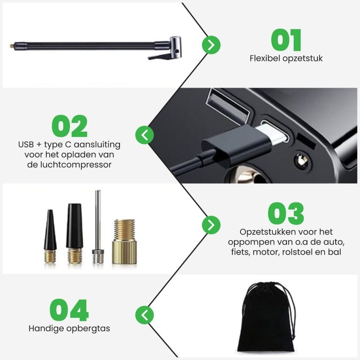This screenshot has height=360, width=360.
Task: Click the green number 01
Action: (x=286, y=40)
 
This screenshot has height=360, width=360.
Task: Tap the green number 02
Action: (x=69, y=126)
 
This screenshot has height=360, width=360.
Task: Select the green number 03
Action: (x=286, y=213)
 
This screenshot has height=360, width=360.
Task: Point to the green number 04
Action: (x=69, y=310)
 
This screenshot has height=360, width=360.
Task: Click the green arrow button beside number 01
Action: (x=211, y=45)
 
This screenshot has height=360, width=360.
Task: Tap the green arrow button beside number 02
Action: (x=145, y=135)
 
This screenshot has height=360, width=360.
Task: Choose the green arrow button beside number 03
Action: (x=211, y=225)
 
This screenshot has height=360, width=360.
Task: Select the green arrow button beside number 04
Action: (x=145, y=315)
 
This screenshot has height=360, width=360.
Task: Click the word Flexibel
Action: (x=265, y=58)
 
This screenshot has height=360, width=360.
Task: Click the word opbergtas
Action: (x=88, y=329)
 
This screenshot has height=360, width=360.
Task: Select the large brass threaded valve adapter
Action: (x=125, y=242)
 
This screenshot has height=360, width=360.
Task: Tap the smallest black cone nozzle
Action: (x=50, y=236)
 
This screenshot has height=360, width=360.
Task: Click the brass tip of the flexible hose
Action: (x=11, y=46)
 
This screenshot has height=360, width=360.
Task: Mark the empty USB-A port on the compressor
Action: (x=227, y=106)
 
